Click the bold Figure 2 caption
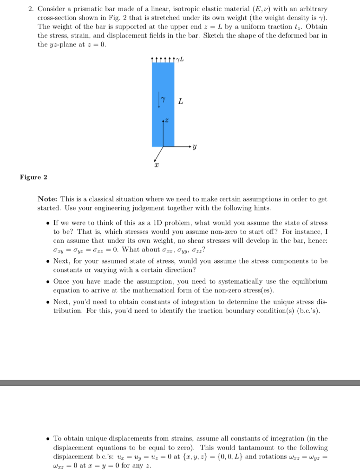click(x=33, y=177)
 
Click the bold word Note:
click(x=48, y=199)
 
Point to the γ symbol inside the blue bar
click(x=164, y=99)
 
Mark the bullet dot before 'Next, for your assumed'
click(x=48, y=261)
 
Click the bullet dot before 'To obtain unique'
click(x=48, y=438)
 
